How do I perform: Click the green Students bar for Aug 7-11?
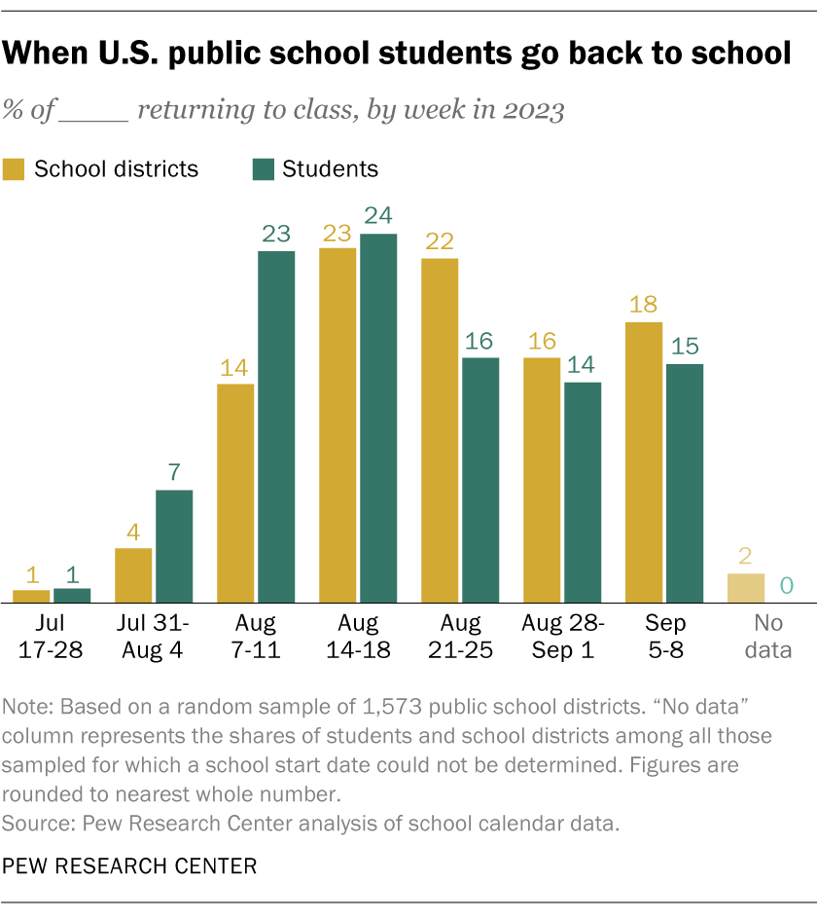point(275,427)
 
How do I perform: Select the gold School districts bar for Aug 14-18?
point(337,425)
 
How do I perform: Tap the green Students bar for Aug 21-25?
point(480,480)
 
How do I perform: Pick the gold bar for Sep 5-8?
point(644,462)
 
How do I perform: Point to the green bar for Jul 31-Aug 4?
point(174,546)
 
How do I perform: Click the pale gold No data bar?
point(746,588)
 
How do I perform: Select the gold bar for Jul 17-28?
point(31,596)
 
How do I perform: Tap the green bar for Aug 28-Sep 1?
point(583,493)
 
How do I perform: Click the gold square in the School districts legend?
point(15,168)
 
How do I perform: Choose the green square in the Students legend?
point(263,168)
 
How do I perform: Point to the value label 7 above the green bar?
point(174,472)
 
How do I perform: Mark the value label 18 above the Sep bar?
point(644,304)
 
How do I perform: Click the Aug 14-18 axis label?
point(358,636)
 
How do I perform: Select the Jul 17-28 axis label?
point(51,636)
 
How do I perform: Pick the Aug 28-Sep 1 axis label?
point(563,636)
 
